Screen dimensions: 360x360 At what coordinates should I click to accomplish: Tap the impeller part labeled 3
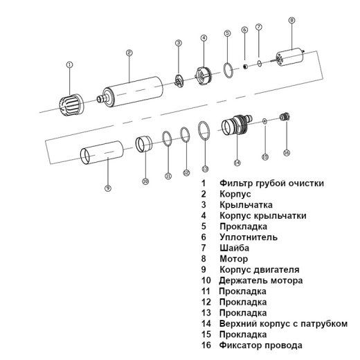click(x=179, y=80)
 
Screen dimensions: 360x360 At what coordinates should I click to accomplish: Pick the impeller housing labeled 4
click(x=203, y=73)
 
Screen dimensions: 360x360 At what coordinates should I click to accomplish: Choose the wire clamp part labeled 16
click(x=282, y=117)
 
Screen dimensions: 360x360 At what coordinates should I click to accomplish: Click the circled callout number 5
click(x=228, y=33)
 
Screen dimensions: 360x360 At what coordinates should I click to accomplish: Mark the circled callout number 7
click(x=259, y=27)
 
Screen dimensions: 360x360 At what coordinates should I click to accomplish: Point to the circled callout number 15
click(x=264, y=157)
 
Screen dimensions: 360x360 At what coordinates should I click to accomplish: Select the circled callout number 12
click(x=186, y=172)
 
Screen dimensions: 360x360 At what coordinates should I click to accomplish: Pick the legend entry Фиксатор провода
click(x=260, y=345)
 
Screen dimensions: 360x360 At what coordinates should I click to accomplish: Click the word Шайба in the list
click(x=234, y=248)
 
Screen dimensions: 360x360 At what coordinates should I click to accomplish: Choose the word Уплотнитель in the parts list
click(x=249, y=237)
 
